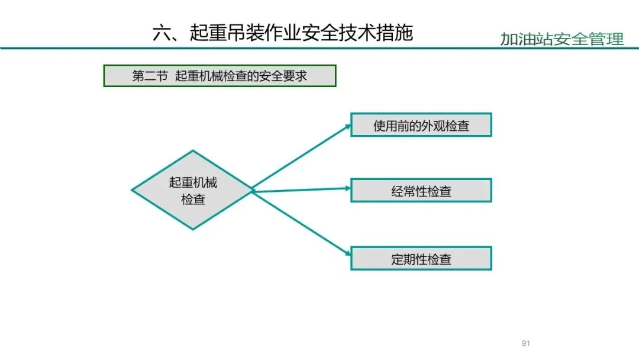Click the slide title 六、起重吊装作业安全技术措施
[282, 33]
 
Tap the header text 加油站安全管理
[561, 39]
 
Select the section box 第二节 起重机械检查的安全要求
[220, 76]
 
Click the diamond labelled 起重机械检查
[193, 190]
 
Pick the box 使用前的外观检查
[421, 125]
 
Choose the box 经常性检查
[421, 191]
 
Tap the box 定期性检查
[421, 259]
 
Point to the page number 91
[525, 343]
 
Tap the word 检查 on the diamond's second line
[193, 200]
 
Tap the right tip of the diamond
[253, 190]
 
